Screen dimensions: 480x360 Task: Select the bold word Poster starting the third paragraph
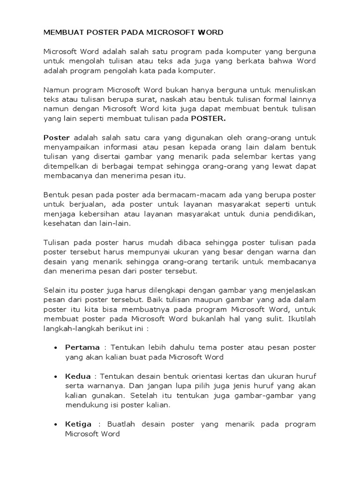point(57,137)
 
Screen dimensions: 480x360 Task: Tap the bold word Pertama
point(82,347)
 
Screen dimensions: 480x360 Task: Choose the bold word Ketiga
point(79,424)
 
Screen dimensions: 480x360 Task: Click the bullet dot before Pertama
point(56,348)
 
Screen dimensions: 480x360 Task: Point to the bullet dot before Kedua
point(56,376)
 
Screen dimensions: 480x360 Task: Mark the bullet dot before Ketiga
point(56,425)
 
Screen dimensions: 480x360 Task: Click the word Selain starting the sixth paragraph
point(55,290)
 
